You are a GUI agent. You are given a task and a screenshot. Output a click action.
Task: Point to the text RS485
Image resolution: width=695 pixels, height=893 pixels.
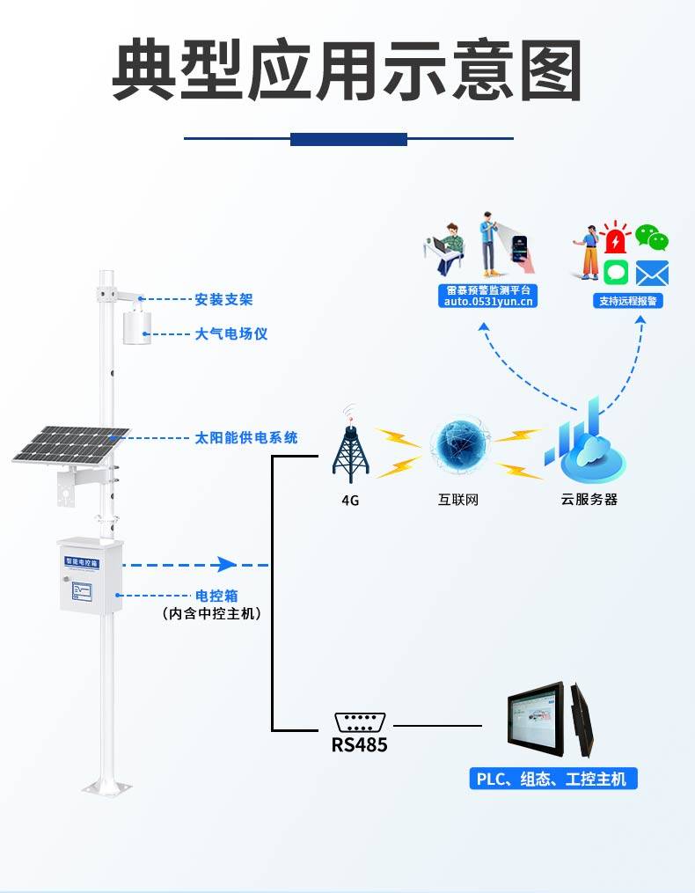point(359,745)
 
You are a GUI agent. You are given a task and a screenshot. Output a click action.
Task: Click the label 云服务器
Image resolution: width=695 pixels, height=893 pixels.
point(589,499)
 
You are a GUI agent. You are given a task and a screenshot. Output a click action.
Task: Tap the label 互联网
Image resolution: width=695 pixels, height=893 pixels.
point(458,500)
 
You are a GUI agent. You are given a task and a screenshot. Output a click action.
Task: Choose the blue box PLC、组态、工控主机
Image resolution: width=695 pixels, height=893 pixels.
point(552,779)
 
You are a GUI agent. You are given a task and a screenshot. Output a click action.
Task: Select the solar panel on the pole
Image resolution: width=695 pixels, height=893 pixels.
point(70,444)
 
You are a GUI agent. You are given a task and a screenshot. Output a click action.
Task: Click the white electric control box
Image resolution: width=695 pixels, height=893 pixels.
point(90,575)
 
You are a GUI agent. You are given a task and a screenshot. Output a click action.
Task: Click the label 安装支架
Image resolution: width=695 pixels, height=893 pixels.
point(223,299)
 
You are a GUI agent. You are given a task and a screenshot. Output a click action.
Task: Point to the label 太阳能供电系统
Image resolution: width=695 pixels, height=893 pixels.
point(246,437)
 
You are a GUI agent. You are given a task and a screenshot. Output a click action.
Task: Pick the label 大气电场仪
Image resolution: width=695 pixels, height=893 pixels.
point(230,334)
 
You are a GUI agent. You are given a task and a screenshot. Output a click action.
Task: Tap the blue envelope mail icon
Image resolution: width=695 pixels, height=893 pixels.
point(652,273)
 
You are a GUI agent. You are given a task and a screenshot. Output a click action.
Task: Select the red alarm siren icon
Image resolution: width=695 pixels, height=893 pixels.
point(617,238)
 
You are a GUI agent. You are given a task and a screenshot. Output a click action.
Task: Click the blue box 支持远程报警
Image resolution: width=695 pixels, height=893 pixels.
point(629,301)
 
